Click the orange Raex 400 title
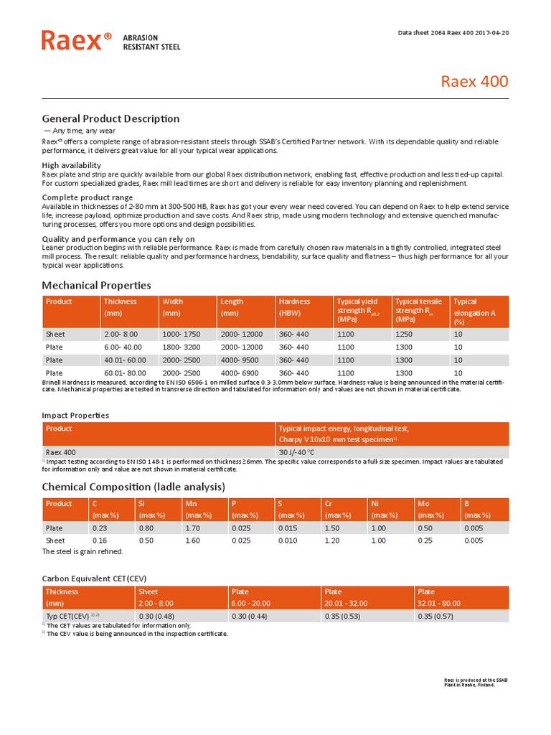(x=474, y=81)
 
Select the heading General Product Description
(x=110, y=118)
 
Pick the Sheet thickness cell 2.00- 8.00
(x=120, y=334)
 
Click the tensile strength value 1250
(x=404, y=334)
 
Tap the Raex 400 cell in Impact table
(x=61, y=452)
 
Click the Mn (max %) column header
(x=198, y=510)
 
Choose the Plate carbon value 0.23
(x=99, y=528)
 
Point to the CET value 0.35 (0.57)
(x=437, y=616)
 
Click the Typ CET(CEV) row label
(x=72, y=616)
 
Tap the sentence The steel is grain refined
(x=83, y=551)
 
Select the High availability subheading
(x=71, y=165)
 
